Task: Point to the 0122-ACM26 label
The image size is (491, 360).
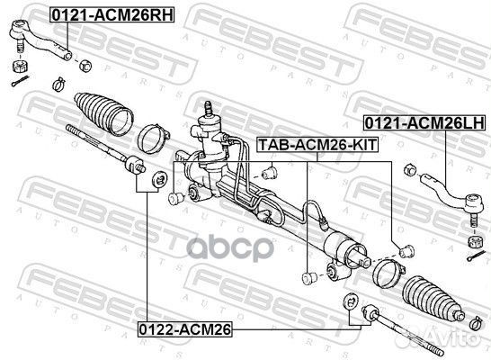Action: tap(184, 330)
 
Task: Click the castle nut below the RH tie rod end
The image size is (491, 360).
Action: tap(18, 67)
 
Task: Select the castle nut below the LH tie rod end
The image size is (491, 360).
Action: tap(470, 241)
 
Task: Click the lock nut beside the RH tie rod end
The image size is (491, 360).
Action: tap(85, 65)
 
